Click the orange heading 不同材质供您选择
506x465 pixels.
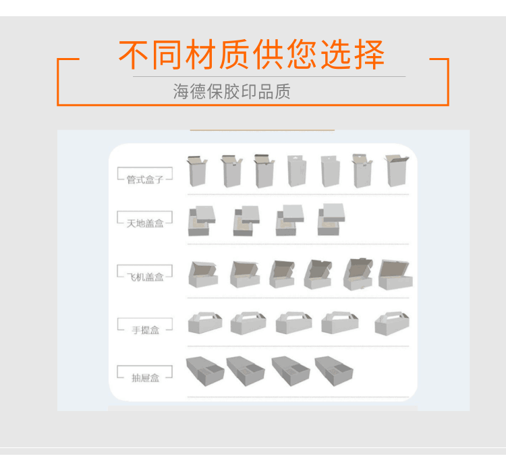[252, 54]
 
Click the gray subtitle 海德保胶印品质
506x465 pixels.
[231, 91]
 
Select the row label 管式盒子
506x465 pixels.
[145, 180]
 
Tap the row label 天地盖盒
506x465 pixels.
[145, 223]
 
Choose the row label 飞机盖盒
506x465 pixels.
[145, 277]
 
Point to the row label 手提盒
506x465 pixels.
[146, 330]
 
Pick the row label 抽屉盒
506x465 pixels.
[146, 377]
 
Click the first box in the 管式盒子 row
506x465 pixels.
[197, 171]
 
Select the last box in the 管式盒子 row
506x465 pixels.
[397, 171]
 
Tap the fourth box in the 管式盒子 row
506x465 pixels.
[297, 171]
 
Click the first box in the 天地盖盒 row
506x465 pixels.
[202, 221]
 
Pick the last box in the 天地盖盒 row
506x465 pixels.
[331, 219]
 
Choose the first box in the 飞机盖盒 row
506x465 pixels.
[203, 274]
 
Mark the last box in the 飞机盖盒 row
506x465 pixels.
[395, 275]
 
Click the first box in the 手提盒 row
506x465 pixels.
[205, 323]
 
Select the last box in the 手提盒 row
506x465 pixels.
[392, 323]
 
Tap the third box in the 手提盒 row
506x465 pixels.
[293, 323]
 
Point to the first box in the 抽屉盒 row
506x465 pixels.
[205, 371]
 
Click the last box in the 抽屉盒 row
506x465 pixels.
[334, 371]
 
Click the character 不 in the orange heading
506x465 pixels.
[134, 55]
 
